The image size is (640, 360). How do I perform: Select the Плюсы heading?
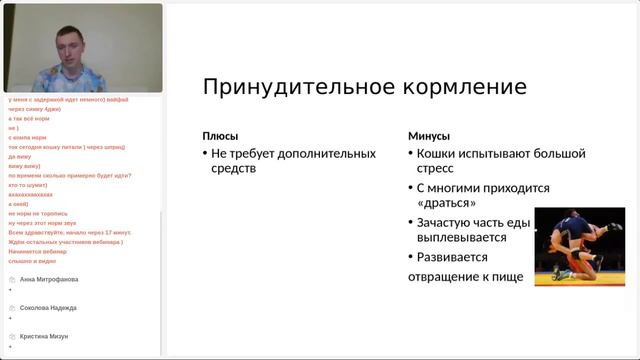point(220,136)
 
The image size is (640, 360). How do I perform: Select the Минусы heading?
point(429,136)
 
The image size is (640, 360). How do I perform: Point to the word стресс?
point(437,169)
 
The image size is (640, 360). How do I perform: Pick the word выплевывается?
point(461,237)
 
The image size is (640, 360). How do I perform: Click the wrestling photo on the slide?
point(579,247)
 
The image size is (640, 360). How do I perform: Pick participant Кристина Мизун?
point(44,337)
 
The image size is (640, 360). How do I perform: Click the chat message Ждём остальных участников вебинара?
point(65,241)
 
